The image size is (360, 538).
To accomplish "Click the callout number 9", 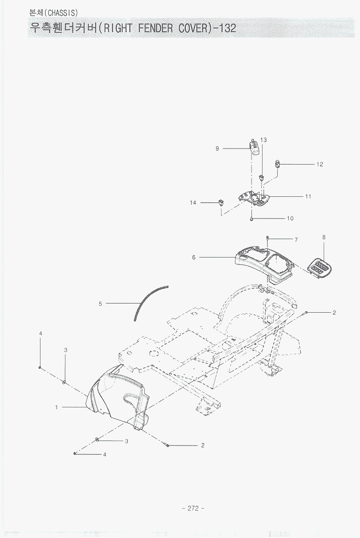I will (217, 149).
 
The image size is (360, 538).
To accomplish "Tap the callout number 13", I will (263, 140).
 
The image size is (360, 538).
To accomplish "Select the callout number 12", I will (320, 164).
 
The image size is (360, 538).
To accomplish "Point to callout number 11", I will (308, 196).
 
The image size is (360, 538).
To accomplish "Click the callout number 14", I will (193, 203).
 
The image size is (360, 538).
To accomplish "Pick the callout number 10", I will (290, 218).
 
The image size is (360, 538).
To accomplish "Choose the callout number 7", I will (296, 240).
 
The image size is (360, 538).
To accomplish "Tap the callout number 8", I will (324, 237).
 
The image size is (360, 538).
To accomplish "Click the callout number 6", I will (194, 258).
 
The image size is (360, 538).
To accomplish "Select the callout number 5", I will (100, 303).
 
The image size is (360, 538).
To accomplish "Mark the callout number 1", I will (57, 407).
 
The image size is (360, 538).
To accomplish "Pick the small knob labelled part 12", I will (278, 163).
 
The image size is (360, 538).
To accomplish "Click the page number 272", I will (193, 508).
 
